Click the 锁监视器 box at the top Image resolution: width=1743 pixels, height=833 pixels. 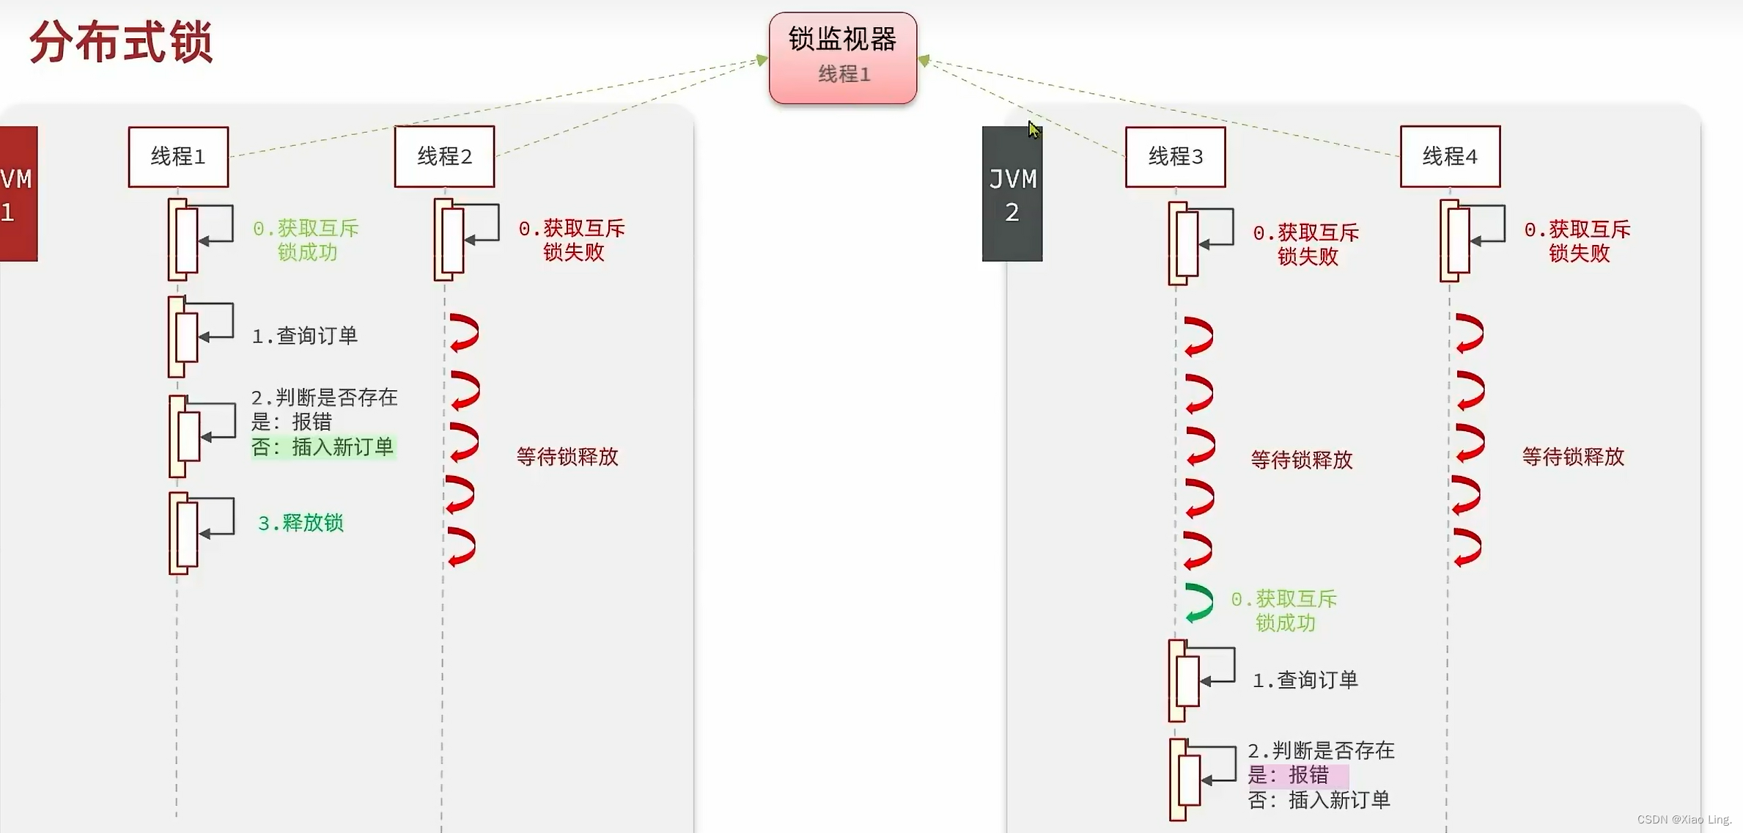tap(842, 57)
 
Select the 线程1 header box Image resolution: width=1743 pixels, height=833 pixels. tap(178, 156)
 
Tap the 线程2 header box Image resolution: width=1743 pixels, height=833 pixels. tap(444, 156)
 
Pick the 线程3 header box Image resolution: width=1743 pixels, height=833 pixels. tap(1175, 156)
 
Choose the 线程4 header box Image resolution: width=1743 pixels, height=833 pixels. tap(1450, 156)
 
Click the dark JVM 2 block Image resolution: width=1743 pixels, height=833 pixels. tap(1011, 194)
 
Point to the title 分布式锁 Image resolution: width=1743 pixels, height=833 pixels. tap(121, 43)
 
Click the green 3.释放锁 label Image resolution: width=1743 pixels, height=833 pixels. tap(301, 523)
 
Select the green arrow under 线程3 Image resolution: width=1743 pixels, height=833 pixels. tap(1199, 603)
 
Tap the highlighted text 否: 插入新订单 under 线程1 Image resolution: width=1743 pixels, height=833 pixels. tap(323, 447)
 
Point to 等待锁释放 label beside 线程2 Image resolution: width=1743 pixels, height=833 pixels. tap(567, 457)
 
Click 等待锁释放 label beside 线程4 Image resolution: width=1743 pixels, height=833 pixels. tap(1573, 457)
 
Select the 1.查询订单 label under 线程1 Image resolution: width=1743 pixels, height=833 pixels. tap(305, 336)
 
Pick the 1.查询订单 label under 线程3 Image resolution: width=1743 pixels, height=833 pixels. tap(1305, 680)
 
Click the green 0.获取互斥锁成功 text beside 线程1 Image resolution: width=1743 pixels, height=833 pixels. tap(306, 241)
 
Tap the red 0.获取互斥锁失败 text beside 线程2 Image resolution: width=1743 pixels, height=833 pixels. tap(572, 241)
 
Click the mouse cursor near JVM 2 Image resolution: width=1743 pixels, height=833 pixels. tap(1033, 130)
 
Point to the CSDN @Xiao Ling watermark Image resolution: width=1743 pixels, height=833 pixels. tap(1684, 819)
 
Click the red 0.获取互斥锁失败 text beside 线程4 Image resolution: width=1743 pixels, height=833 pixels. tap(1578, 241)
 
